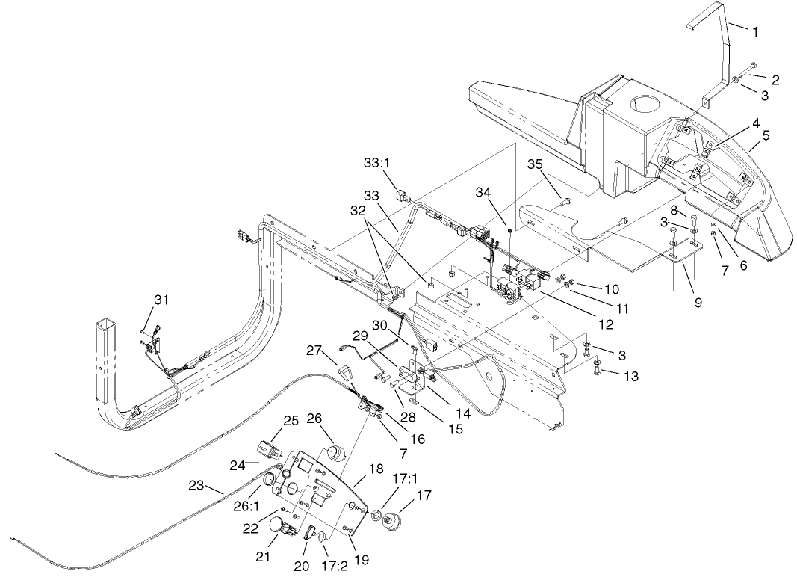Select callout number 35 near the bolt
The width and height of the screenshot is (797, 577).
(x=535, y=164)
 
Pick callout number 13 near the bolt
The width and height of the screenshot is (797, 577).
(x=631, y=377)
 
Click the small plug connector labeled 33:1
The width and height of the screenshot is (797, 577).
(x=400, y=197)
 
